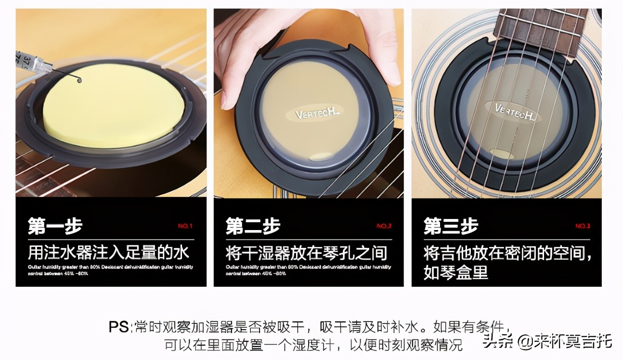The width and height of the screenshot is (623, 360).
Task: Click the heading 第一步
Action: coord(55,226)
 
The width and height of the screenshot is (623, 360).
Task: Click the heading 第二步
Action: coord(253,226)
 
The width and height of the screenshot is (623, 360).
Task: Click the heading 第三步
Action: coord(451,226)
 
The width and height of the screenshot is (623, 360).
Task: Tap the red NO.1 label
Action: coord(185,226)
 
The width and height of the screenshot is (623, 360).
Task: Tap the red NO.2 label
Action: coord(384,226)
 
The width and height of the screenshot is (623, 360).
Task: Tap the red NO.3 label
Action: coord(583,226)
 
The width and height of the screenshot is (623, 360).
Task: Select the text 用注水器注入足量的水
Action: coord(109,252)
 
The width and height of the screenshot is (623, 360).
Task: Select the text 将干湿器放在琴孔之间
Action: coord(306,252)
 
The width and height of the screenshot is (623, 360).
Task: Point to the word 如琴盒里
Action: coord(455,272)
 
